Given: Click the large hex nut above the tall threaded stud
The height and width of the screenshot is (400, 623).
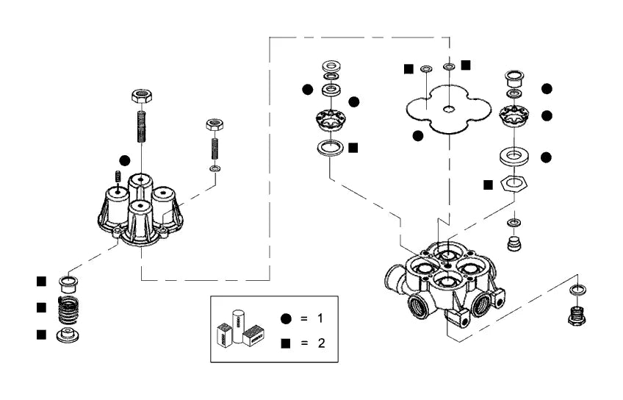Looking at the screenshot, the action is point(142,96).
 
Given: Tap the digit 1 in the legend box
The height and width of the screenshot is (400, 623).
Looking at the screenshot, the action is point(320,318).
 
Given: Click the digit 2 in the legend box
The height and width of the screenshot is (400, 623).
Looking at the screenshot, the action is point(321,343).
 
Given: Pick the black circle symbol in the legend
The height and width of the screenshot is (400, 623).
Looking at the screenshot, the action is point(286,318).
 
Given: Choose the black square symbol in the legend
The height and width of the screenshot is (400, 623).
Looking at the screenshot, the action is point(286,343).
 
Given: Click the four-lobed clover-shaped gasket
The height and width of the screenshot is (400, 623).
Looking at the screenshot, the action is point(449,109).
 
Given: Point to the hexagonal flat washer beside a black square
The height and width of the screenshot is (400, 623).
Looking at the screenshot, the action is point(514,182).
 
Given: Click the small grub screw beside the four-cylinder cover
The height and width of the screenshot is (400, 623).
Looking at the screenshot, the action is point(118,176).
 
